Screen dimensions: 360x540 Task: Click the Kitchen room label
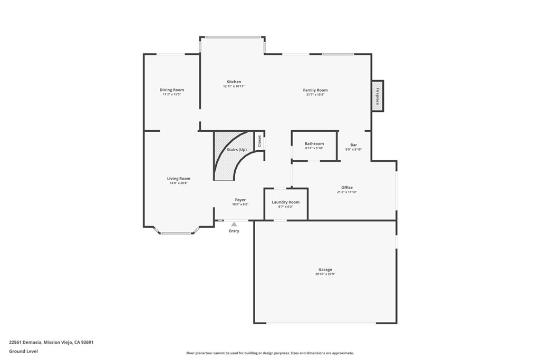click(234, 82)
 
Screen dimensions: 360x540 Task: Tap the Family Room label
click(315, 90)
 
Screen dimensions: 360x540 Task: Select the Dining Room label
click(172, 90)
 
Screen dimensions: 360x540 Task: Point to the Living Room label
click(178, 179)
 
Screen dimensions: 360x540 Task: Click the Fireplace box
click(378, 96)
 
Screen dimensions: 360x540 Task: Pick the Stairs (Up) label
click(237, 150)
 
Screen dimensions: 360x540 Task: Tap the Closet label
click(259, 141)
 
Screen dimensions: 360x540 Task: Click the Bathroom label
click(314, 144)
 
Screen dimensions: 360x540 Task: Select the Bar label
click(354, 145)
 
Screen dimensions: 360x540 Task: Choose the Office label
click(346, 188)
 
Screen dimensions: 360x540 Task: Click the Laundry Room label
click(285, 202)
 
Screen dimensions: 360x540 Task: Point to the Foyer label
click(240, 200)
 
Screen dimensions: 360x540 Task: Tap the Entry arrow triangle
click(234, 225)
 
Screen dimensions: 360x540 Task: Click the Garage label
click(325, 270)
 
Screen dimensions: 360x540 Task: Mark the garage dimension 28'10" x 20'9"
click(325, 274)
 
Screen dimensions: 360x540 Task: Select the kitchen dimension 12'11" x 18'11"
click(234, 86)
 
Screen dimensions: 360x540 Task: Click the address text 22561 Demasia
click(51, 342)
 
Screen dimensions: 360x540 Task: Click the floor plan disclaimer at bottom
click(269, 353)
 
